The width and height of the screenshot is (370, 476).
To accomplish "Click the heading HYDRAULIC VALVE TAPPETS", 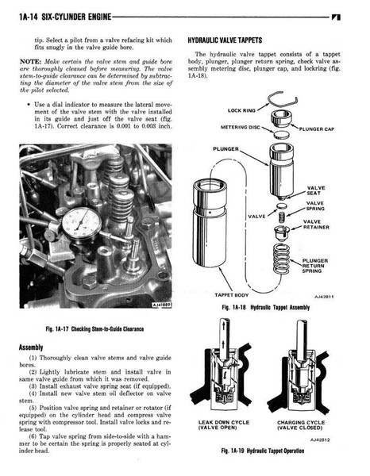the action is click(x=225, y=40).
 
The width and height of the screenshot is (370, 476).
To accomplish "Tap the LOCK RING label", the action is click(x=241, y=110).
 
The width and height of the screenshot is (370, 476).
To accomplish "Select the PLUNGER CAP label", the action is click(x=317, y=129).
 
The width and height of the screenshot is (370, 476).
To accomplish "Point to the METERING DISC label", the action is click(x=241, y=127).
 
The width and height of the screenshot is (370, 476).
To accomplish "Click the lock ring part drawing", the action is click(x=282, y=103).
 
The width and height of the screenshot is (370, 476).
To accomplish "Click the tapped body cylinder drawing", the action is click(x=210, y=223).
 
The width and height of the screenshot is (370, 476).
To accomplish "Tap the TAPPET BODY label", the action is click(x=232, y=295).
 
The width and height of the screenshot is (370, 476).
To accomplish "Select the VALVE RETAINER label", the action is click(x=316, y=225).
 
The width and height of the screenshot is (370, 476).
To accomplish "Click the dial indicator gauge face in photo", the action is click(x=82, y=224).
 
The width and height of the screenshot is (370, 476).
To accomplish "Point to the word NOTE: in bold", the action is click(x=30, y=62).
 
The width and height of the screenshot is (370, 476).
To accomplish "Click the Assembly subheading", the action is click(x=31, y=347).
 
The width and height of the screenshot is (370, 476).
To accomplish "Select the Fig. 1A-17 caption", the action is click(x=94, y=328).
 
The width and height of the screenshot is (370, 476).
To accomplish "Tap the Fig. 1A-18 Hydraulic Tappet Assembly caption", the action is click(x=266, y=307).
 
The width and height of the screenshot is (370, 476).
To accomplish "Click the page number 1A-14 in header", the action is click(x=29, y=17).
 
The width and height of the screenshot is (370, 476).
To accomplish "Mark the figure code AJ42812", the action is click(x=320, y=440).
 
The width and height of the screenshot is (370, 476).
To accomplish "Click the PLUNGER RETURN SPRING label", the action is click(x=314, y=266).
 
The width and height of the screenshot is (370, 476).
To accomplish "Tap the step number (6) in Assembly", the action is click(x=33, y=436).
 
